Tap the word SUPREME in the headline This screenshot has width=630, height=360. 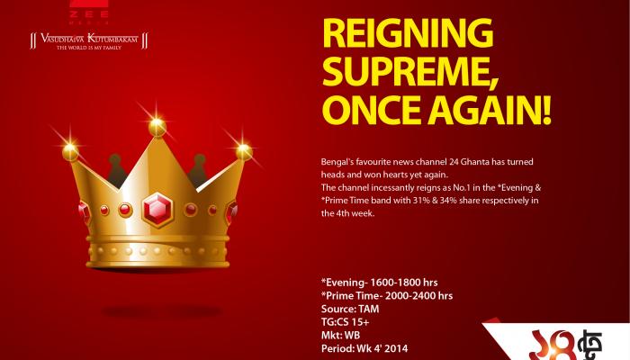409,72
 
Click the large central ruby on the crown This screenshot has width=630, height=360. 157,210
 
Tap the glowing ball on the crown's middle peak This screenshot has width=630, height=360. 157,128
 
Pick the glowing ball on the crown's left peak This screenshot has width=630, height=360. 70,153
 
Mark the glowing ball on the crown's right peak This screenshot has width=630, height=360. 244,152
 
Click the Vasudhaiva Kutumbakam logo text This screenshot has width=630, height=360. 89,39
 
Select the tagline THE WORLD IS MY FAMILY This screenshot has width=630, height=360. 89,48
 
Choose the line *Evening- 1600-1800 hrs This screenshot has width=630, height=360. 379,283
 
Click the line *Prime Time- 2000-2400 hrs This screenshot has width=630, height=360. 387,296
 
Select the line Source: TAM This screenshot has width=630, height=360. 350,309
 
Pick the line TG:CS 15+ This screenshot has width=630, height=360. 345,322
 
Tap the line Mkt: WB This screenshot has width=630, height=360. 341,335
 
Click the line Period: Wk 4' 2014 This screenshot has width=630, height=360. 364,348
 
